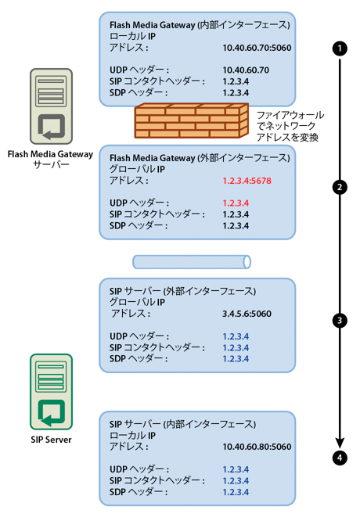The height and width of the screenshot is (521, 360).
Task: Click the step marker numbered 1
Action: [x=340, y=48]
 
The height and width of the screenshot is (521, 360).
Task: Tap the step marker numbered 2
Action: [x=340, y=187]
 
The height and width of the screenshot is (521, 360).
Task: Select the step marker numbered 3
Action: [x=340, y=320]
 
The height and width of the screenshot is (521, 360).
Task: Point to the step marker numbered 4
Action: [x=340, y=458]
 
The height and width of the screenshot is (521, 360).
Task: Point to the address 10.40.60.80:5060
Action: [x=257, y=447]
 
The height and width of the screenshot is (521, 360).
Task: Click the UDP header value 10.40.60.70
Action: [x=247, y=70]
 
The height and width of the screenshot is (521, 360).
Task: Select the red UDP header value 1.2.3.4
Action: [x=236, y=203]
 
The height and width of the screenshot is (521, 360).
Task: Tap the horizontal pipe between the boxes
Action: [x=192, y=261]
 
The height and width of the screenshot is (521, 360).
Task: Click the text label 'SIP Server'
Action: [x=52, y=440]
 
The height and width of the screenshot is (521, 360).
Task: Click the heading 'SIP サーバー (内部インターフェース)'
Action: [x=182, y=424]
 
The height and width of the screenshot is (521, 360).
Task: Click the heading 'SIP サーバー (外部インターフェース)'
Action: [x=182, y=291]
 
